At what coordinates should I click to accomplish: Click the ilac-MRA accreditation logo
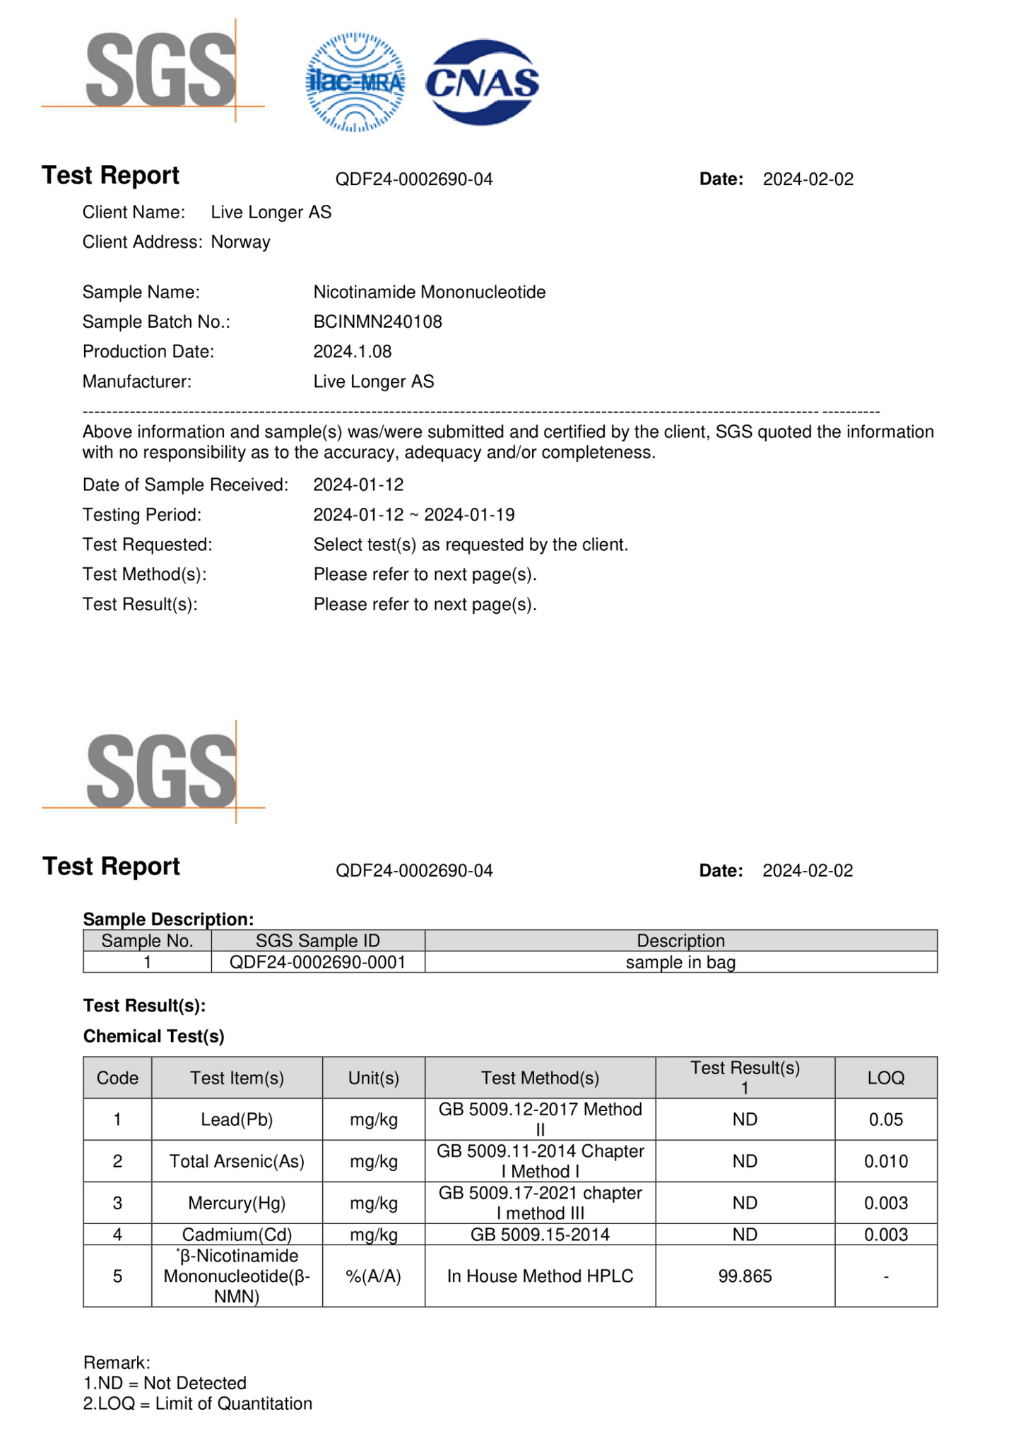click(x=355, y=83)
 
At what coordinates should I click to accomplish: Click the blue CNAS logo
click(x=482, y=83)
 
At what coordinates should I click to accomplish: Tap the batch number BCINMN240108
click(x=377, y=322)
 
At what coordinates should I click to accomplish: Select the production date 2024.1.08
click(x=352, y=352)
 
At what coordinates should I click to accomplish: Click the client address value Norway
click(x=240, y=242)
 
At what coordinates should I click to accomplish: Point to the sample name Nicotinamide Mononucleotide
click(x=429, y=292)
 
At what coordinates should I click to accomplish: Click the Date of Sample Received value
click(x=358, y=485)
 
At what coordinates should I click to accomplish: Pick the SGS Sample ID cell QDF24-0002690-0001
click(x=317, y=963)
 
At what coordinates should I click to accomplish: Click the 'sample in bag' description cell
click(x=680, y=963)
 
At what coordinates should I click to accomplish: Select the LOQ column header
click(x=885, y=1078)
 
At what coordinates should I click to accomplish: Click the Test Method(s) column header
click(x=540, y=1078)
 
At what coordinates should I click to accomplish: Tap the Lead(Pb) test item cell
click(x=237, y=1120)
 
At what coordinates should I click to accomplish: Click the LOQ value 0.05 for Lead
click(x=885, y=1120)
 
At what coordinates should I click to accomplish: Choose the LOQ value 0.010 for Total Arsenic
click(x=885, y=1161)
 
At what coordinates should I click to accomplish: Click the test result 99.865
click(x=745, y=1276)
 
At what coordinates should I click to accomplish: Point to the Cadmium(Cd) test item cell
click(x=237, y=1235)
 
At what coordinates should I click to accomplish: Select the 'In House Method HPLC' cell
click(x=540, y=1276)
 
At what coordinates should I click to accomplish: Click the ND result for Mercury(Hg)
click(x=745, y=1203)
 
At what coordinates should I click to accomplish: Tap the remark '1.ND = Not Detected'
click(x=165, y=1383)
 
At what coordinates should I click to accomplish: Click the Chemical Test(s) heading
click(x=154, y=1036)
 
